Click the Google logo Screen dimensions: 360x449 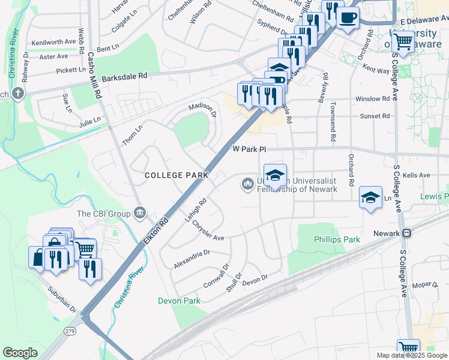coord(20,353)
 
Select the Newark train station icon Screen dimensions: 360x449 coord(406,233)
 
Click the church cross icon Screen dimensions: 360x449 coord(18,93)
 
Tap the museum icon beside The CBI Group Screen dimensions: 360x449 coord(140,212)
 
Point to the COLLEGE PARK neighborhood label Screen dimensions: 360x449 coord(176,175)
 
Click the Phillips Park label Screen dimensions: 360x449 coord(337,239)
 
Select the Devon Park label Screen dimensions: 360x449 coord(179,300)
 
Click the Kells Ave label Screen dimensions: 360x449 coord(417,175)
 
